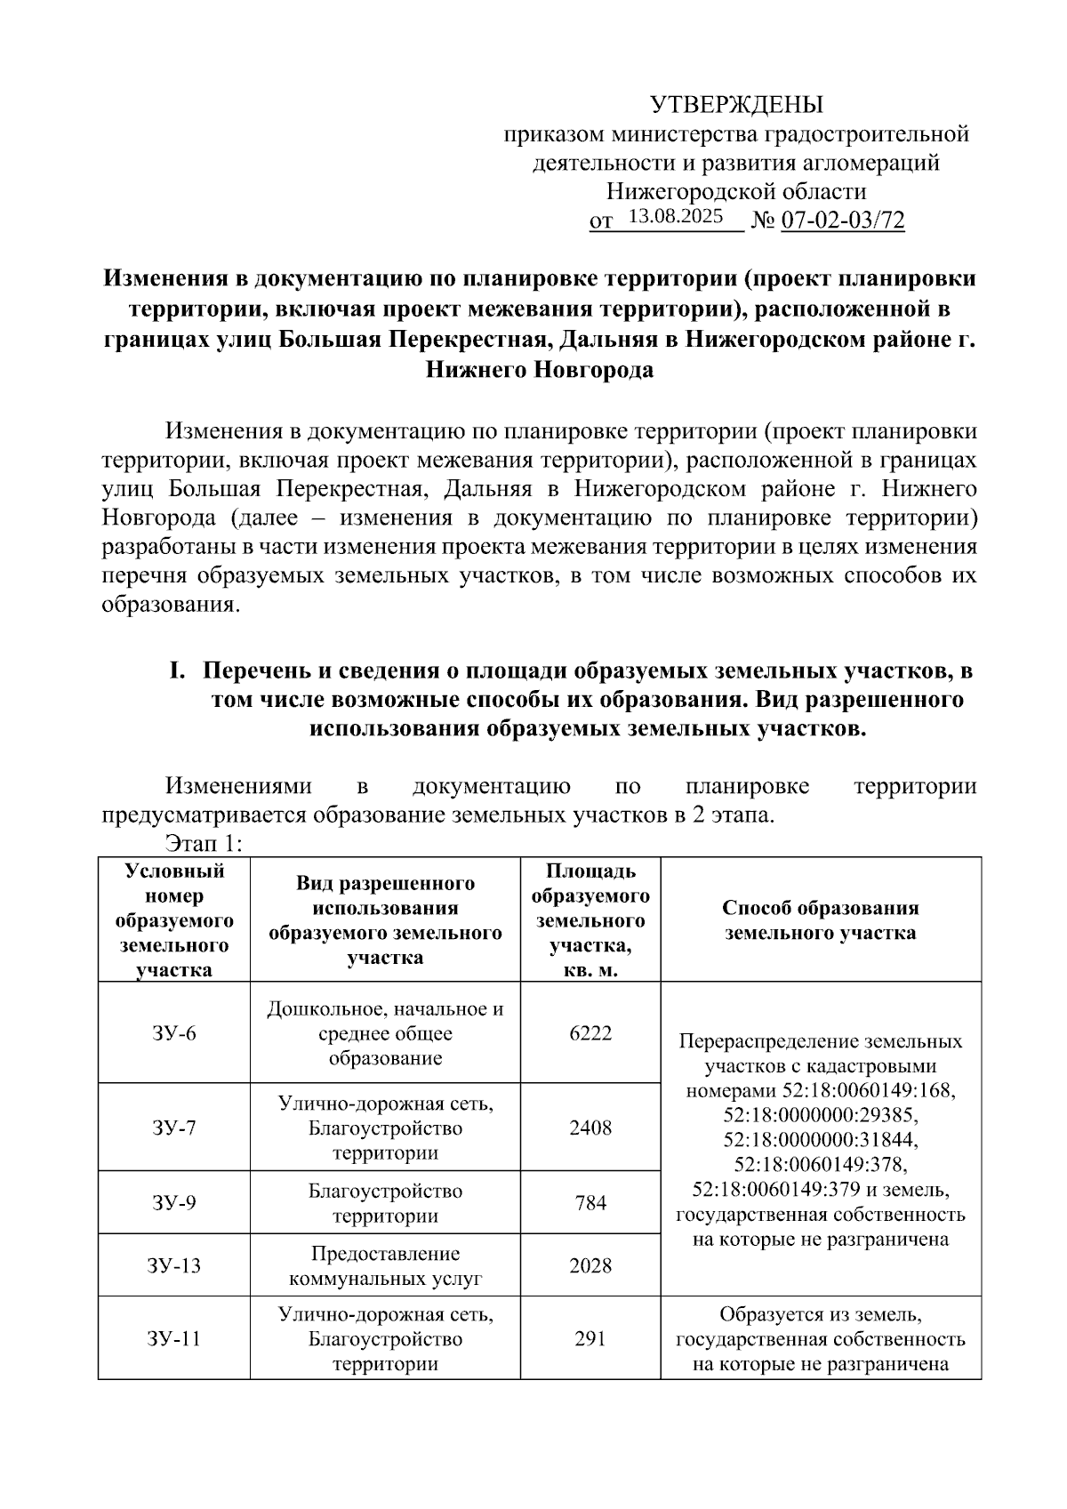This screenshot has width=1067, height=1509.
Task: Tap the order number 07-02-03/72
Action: [842, 221]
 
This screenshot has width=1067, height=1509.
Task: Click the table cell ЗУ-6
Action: [173, 1033]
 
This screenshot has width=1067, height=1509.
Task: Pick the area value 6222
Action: [590, 1033]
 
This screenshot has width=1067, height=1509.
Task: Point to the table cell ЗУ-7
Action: [173, 1128]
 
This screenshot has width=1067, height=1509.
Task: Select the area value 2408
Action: [590, 1128]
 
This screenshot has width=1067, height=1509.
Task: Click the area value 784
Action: [590, 1203]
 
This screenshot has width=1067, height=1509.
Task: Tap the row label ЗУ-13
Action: [173, 1265]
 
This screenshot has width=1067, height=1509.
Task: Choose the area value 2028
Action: [590, 1265]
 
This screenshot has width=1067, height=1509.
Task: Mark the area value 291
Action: [590, 1338]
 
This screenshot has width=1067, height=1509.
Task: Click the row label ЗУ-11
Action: [173, 1338]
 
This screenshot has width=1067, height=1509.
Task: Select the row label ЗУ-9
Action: [173, 1203]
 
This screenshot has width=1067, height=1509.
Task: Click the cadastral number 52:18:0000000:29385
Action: [821, 1115]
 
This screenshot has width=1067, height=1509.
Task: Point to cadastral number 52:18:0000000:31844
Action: [821, 1140]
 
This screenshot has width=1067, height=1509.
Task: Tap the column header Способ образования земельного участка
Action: [820, 920]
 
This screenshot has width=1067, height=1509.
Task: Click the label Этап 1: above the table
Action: [205, 843]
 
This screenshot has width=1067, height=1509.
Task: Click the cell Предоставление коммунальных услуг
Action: [385, 1266]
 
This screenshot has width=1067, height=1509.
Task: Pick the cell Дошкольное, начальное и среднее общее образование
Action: [385, 1033]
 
